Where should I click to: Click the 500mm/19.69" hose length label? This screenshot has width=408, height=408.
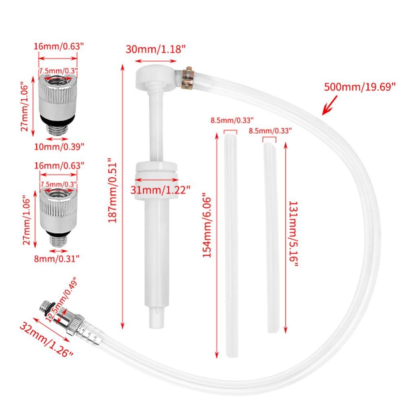[x=359, y=86]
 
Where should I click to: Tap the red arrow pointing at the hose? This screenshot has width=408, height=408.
[x=329, y=105]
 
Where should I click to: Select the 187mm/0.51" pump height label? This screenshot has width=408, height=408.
[x=113, y=190]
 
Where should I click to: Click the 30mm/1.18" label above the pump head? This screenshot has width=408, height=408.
[x=155, y=49]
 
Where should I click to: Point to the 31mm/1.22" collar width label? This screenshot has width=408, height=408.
[x=160, y=190]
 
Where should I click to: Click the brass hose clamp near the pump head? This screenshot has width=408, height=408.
[x=188, y=78]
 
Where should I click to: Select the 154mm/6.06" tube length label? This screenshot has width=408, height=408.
[x=207, y=225]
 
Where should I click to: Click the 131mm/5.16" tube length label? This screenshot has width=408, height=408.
[x=294, y=233]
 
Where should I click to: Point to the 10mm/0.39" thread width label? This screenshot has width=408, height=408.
[x=59, y=147]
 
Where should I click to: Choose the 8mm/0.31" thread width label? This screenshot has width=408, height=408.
[x=57, y=259]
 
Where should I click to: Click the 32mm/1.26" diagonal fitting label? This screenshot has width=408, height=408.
[x=47, y=340]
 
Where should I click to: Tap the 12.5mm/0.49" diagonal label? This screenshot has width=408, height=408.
[x=62, y=299]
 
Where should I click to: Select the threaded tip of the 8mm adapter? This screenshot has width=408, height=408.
[x=58, y=241]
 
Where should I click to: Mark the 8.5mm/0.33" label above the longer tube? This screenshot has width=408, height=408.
[x=232, y=120]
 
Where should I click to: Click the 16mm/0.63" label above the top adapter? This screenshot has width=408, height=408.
[x=59, y=47]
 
